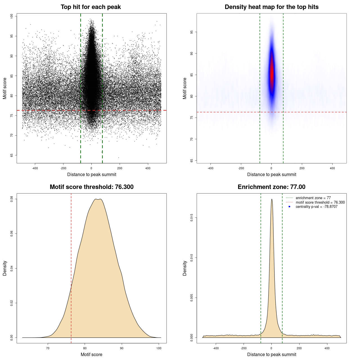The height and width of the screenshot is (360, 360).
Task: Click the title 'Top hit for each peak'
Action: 91,7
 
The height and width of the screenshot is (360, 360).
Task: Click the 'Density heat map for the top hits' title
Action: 271,7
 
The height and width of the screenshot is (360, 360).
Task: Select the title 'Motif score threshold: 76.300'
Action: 91,187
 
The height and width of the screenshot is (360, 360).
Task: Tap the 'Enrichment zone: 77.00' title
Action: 271,187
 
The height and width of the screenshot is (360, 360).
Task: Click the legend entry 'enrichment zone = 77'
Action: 313,198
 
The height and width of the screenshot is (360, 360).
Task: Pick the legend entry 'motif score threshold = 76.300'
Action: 320,202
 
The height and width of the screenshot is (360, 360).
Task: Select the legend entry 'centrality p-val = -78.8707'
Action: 316,207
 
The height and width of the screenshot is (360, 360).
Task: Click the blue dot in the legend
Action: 289,207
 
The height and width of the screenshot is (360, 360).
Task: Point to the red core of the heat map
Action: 272,75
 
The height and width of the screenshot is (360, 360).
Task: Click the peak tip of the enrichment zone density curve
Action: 272,199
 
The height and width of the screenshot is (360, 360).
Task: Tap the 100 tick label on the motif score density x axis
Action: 159,348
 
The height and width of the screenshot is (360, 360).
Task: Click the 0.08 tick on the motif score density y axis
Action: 12,199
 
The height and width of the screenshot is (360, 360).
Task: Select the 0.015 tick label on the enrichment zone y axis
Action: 192,218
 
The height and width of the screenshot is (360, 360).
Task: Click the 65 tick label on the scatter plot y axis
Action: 12,155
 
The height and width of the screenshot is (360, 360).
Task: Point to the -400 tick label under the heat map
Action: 210,168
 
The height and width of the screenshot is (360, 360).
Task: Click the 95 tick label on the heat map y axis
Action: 192,32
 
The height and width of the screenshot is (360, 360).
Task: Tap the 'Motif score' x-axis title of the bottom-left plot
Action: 91,354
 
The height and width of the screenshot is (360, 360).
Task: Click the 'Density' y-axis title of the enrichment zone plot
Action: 185,268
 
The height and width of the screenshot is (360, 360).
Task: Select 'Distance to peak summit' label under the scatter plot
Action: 92,174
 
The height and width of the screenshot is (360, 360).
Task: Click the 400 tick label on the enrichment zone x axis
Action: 327,348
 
